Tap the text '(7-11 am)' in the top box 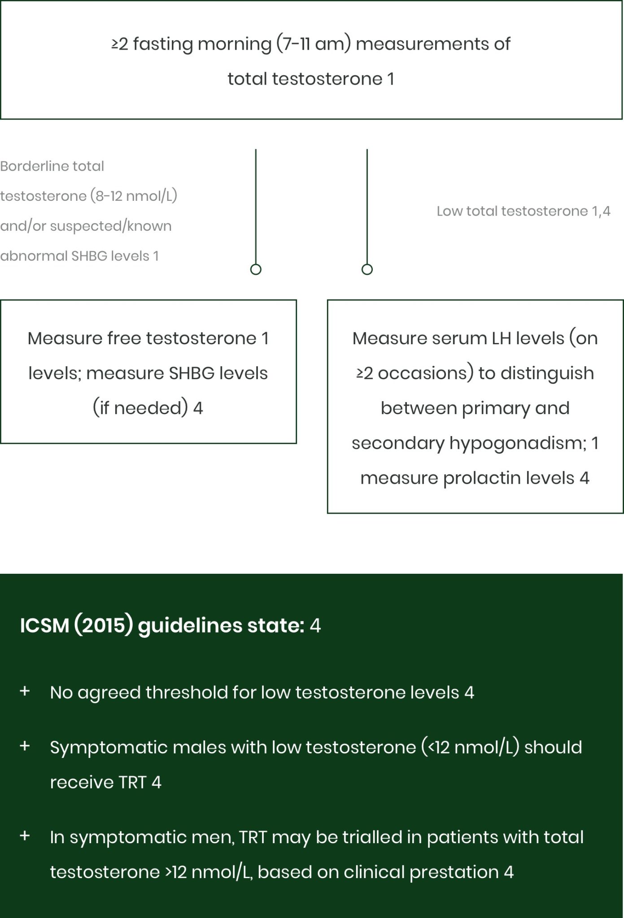[x=313, y=44]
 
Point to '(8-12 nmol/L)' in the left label [x=134, y=196]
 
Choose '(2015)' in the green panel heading [x=104, y=626]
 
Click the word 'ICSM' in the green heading [x=44, y=626]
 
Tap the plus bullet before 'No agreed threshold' [x=25, y=691]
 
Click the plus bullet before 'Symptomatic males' [x=25, y=746]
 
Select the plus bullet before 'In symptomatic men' [x=25, y=836]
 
